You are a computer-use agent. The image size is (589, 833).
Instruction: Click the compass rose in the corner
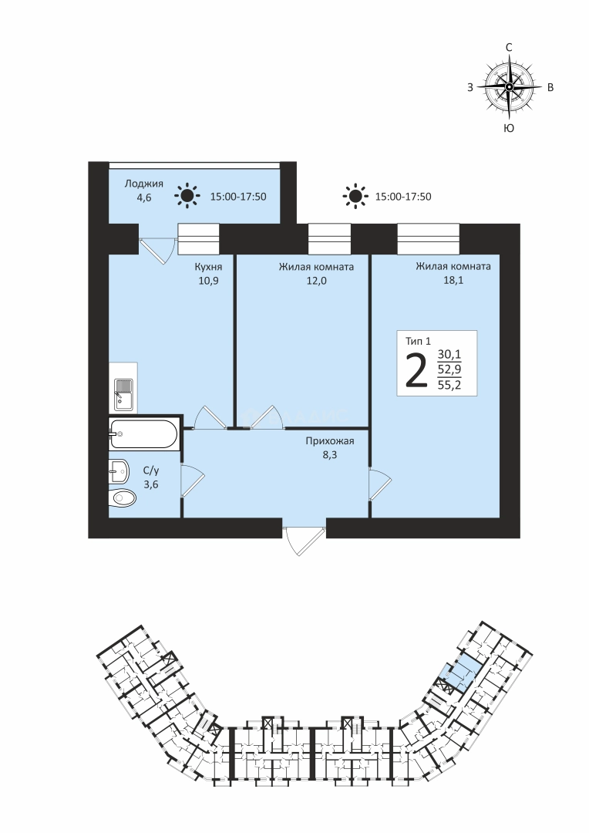[509, 86]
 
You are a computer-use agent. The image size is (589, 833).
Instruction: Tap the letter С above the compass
[509, 47]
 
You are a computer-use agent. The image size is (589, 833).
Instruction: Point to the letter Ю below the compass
[509, 128]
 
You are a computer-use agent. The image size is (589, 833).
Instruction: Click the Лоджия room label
[144, 184]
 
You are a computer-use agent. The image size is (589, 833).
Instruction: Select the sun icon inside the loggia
[187, 196]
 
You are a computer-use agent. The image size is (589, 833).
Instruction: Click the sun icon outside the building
[355, 196]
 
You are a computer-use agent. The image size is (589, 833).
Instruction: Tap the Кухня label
[208, 267]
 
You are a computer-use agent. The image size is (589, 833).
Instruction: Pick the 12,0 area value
[316, 281]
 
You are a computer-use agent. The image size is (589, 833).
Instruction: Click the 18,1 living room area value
[453, 280]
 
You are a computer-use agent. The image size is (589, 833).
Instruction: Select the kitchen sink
[124, 394]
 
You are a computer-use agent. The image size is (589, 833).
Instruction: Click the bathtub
[144, 434]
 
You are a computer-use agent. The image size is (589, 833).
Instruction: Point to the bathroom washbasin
[119, 470]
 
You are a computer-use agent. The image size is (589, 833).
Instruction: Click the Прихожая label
[329, 441]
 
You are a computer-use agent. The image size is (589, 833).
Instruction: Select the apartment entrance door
[305, 538]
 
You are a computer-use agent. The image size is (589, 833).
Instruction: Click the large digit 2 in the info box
[416, 370]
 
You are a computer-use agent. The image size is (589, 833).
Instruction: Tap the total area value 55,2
[449, 385]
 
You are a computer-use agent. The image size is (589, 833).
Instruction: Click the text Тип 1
[418, 341]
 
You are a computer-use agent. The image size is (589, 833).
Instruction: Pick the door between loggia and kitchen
[157, 248]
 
